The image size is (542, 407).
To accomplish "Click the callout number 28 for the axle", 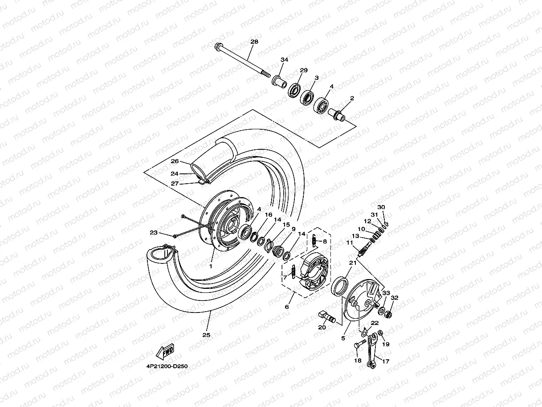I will [x=254, y=42].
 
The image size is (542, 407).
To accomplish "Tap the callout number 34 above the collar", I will [x=284, y=60].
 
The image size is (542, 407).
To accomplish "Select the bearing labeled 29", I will [x=294, y=90].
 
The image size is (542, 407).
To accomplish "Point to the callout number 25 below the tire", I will [x=205, y=334].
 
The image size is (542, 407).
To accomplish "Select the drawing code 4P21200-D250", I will [x=166, y=366].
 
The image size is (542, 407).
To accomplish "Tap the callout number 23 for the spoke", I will [x=154, y=233].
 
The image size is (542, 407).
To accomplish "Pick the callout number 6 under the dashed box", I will [x=287, y=307].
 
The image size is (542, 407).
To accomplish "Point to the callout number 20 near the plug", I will [x=322, y=327].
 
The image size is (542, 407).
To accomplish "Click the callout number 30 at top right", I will [x=381, y=207].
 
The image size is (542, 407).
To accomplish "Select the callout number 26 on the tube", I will [x=175, y=161].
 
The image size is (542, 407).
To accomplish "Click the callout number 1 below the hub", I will [x=211, y=265].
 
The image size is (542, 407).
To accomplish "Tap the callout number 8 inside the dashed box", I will [x=325, y=241].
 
